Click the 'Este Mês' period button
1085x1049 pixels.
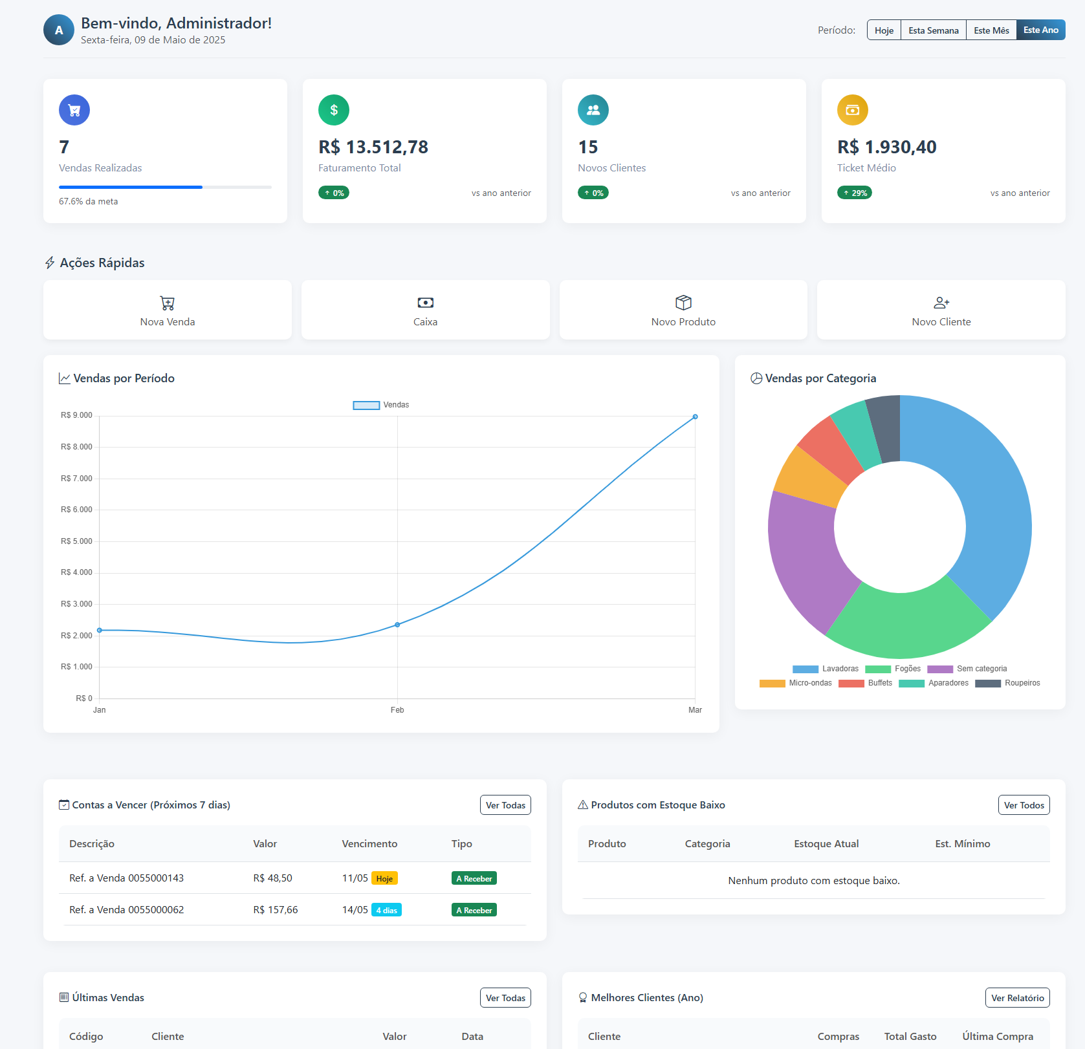pyautogui.click(x=991, y=30)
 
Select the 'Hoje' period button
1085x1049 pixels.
pyautogui.click(x=884, y=30)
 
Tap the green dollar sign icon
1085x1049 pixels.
pyautogui.click(x=334, y=110)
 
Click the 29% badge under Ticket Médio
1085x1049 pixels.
pyautogui.click(x=855, y=193)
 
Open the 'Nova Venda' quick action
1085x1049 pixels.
pyautogui.click(x=168, y=310)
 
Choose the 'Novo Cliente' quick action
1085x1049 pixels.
pyautogui.click(x=941, y=310)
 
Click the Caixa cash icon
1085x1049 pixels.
pyautogui.click(x=426, y=303)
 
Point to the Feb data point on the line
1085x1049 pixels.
pyautogui.click(x=397, y=625)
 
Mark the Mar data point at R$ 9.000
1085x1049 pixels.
pyautogui.click(x=696, y=417)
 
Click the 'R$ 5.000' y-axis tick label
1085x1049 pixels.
pyautogui.click(x=76, y=541)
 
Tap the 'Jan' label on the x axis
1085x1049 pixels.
pyautogui.click(x=100, y=710)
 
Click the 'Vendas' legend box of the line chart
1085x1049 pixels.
pyautogui.click(x=366, y=406)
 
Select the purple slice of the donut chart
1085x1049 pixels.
pyautogui.click(x=802, y=556)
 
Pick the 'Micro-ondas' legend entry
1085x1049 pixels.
pyautogui.click(x=796, y=683)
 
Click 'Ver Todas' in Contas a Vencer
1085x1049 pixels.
pyautogui.click(x=505, y=805)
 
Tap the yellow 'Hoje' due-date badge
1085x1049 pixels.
pyautogui.click(x=384, y=878)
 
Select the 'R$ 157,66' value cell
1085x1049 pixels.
pyautogui.click(x=276, y=910)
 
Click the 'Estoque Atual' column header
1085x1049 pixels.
pyautogui.click(x=826, y=844)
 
